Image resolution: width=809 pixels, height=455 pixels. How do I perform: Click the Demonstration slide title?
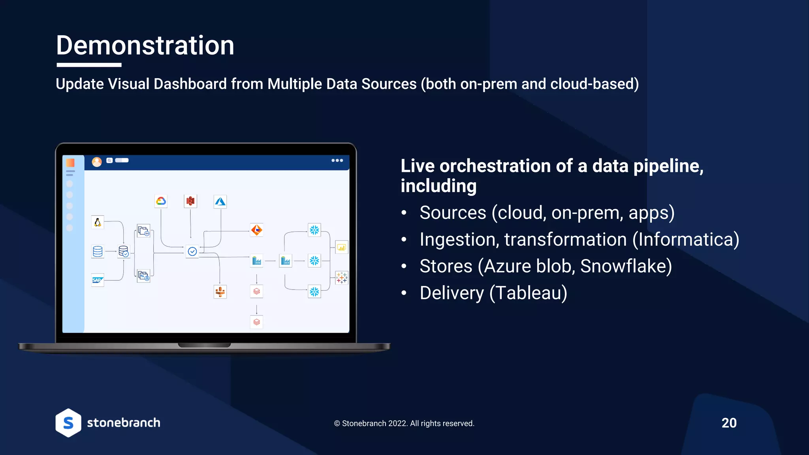[x=145, y=45]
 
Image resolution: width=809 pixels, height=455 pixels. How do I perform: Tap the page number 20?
[x=729, y=423]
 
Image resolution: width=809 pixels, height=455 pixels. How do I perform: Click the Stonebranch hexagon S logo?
[x=68, y=423]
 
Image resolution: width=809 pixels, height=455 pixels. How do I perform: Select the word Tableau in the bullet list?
[x=529, y=293]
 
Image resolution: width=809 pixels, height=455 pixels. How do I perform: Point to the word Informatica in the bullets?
[x=686, y=240]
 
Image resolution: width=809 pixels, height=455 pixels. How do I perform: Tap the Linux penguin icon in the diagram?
[x=98, y=222]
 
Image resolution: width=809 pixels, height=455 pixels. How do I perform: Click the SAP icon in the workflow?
[x=97, y=280]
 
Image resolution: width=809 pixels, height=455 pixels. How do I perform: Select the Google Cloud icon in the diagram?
[x=161, y=201]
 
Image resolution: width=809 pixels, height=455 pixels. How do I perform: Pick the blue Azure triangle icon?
[x=220, y=202]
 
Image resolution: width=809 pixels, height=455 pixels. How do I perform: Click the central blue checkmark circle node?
[x=192, y=252]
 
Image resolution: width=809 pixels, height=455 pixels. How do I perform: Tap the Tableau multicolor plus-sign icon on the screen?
[x=342, y=278]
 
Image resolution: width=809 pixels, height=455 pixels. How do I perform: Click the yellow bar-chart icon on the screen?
[x=341, y=248]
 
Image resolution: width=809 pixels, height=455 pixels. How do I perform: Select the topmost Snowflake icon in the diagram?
[x=314, y=230]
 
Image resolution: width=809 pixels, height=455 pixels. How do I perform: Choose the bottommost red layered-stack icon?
[x=257, y=322]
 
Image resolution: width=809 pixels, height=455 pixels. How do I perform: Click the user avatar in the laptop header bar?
[x=97, y=162]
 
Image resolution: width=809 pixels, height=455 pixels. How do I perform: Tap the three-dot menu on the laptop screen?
[x=337, y=160]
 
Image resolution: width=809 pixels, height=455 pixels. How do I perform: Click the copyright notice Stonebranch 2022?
[x=404, y=423]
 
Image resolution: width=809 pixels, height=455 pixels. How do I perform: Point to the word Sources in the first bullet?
[x=453, y=213]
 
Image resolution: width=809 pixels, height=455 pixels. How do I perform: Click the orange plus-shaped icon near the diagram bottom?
[x=220, y=292]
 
